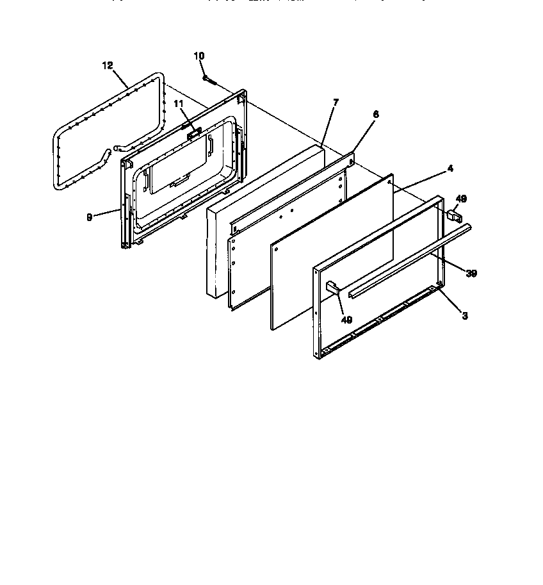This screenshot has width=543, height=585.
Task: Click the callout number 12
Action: pyautogui.click(x=107, y=65)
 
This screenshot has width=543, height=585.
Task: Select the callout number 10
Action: pyautogui.click(x=199, y=56)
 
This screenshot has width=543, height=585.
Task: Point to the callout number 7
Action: pyautogui.click(x=336, y=103)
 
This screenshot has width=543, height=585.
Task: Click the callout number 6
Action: pyautogui.click(x=375, y=115)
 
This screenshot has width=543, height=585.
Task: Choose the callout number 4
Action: pyautogui.click(x=450, y=169)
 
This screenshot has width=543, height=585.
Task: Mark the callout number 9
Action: pyautogui.click(x=89, y=217)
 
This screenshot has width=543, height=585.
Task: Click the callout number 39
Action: pyautogui.click(x=471, y=274)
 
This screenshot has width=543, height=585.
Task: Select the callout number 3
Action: pyautogui.click(x=465, y=315)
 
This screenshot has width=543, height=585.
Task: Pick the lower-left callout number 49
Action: pyautogui.click(x=346, y=320)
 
